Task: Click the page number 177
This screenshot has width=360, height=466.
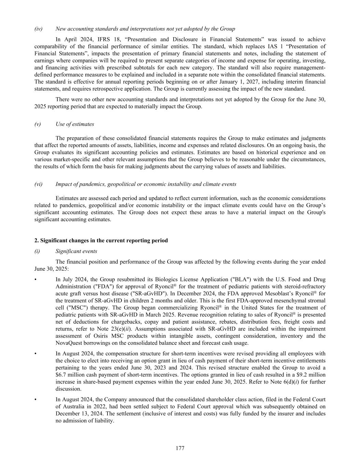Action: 180,448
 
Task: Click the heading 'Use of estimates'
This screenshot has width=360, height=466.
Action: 75,124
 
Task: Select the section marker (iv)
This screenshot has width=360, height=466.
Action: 39,29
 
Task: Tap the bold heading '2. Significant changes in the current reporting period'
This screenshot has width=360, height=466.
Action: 101,240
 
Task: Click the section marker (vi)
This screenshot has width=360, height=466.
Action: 39,184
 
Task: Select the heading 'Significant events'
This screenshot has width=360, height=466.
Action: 76,251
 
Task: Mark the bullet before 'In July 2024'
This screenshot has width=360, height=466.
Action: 36,279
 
